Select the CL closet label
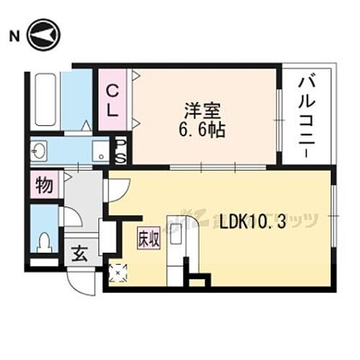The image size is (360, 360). point(113,100)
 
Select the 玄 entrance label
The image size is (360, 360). point(78,254)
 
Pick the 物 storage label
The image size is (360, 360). point(44,187)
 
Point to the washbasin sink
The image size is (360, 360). point(38,150)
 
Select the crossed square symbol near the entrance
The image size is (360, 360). point(117,272)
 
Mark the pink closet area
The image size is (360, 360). point(114,99)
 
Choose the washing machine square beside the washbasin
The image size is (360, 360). point(101,150)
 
